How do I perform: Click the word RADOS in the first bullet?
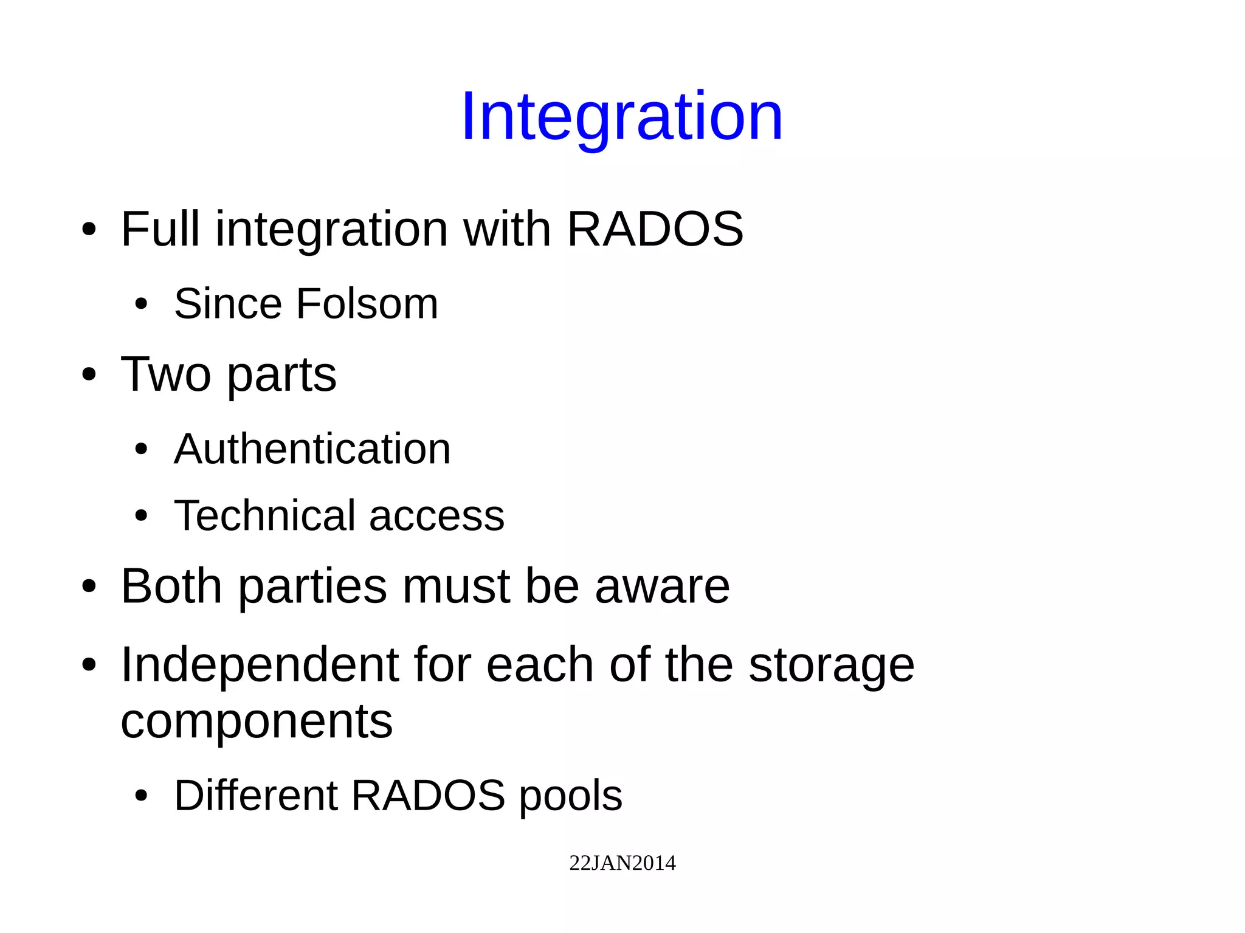(655, 229)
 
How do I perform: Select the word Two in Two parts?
(165, 374)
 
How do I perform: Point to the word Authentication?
(312, 449)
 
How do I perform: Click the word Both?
(171, 586)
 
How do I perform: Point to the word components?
(257, 722)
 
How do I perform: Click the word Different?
(255, 796)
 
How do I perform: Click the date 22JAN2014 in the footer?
(622, 863)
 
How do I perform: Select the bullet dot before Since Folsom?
(141, 305)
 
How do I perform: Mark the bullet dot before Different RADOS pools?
(141, 796)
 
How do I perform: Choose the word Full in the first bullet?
(160, 229)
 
